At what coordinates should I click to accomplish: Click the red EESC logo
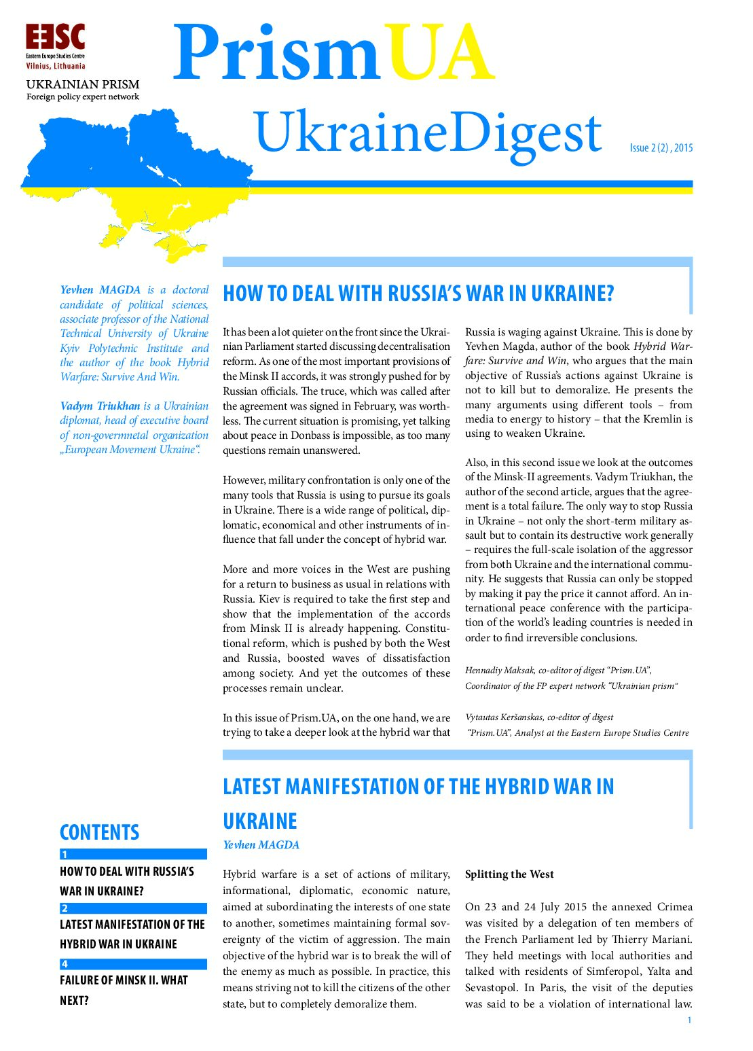tap(55, 37)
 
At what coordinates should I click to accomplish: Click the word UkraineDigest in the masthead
tap(428, 134)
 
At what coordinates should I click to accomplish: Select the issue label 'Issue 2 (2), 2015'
tap(661, 148)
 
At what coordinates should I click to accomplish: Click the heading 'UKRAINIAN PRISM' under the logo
tap(83, 84)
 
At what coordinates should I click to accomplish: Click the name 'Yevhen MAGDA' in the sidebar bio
tap(100, 290)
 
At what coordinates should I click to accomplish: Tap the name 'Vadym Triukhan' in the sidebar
tap(100, 406)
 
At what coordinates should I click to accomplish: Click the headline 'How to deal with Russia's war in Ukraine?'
tap(418, 293)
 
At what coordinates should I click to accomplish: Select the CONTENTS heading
tap(99, 832)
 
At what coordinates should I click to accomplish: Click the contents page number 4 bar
tap(133, 964)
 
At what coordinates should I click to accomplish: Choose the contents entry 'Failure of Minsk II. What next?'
tap(124, 990)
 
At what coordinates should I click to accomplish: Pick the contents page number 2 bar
tap(133, 908)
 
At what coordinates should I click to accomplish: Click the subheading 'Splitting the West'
tap(509, 874)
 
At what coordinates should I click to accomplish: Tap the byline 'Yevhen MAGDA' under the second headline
tap(261, 845)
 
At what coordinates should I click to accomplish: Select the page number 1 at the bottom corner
tap(689, 1020)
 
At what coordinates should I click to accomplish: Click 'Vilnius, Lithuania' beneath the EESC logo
tap(56, 67)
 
